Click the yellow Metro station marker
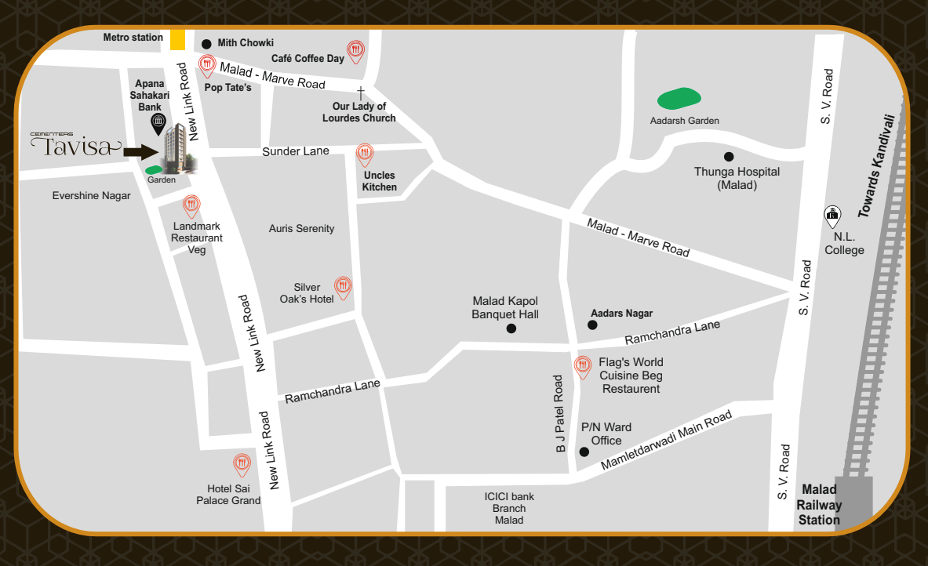[178, 39]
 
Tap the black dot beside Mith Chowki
[206, 44]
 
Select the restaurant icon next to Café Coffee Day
[356, 51]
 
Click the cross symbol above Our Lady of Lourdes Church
[361, 93]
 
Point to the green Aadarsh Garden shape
[679, 99]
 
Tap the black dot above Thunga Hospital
[728, 157]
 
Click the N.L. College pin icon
[832, 216]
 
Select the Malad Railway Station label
[819, 505]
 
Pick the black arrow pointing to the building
[142, 152]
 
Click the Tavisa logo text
[75, 146]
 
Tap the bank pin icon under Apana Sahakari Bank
[158, 123]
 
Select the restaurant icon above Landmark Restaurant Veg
[191, 207]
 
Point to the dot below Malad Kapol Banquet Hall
[511, 329]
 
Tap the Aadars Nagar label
[621, 314]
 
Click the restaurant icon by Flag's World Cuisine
[582, 367]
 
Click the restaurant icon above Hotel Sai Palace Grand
[242, 465]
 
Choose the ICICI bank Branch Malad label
[509, 508]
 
